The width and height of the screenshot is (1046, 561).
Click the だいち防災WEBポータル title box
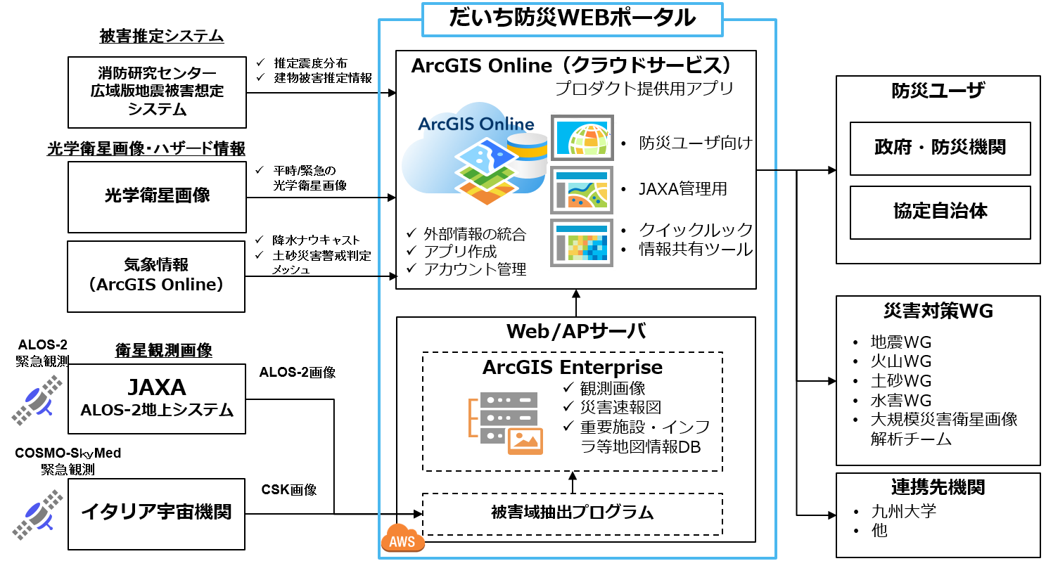572,20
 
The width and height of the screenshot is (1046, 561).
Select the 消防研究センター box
157,92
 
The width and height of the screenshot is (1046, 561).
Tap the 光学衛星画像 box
157,197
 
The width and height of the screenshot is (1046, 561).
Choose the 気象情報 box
156,276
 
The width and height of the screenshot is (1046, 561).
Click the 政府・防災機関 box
940,148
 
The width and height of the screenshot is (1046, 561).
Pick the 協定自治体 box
940,212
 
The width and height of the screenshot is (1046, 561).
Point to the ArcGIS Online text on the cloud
476,124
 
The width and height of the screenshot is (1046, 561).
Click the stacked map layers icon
486,173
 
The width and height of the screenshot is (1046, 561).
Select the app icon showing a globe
582,137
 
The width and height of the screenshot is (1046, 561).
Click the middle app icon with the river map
582,191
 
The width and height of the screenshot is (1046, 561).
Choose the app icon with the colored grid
582,243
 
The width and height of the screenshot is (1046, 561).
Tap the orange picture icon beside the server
525,441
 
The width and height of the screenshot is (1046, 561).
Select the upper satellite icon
37,400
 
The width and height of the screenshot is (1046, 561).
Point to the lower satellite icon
37,515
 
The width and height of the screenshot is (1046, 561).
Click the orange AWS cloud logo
402,539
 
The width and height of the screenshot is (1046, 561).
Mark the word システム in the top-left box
157,109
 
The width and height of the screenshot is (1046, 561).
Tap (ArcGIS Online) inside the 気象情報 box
156,285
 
